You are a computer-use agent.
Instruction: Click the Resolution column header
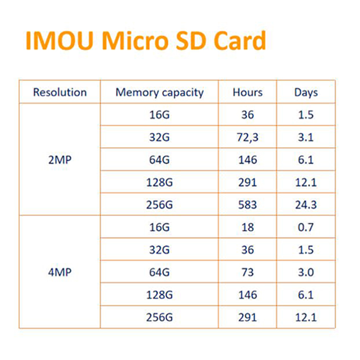pos(60,92)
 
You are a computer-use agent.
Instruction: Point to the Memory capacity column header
pos(159,92)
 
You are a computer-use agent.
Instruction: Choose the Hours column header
pos(248,92)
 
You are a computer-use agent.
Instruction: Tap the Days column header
pos(306,92)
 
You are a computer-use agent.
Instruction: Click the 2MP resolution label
pos(60,160)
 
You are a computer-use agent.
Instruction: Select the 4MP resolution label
pos(60,272)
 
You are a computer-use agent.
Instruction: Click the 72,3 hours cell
pos(248,138)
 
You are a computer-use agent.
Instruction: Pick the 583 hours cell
pos(248,205)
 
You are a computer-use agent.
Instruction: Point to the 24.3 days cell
pos(306,205)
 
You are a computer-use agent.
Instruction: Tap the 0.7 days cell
pos(306,228)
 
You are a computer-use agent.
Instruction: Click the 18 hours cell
pos(248,228)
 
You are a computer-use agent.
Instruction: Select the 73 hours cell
pos(248,273)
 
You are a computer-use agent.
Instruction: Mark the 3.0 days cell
pos(306,273)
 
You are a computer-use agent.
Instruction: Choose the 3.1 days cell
pos(306,138)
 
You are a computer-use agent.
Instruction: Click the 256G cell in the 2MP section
pos(159,205)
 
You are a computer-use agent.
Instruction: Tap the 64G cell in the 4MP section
pos(159,273)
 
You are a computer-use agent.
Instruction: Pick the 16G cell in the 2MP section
pos(159,115)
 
